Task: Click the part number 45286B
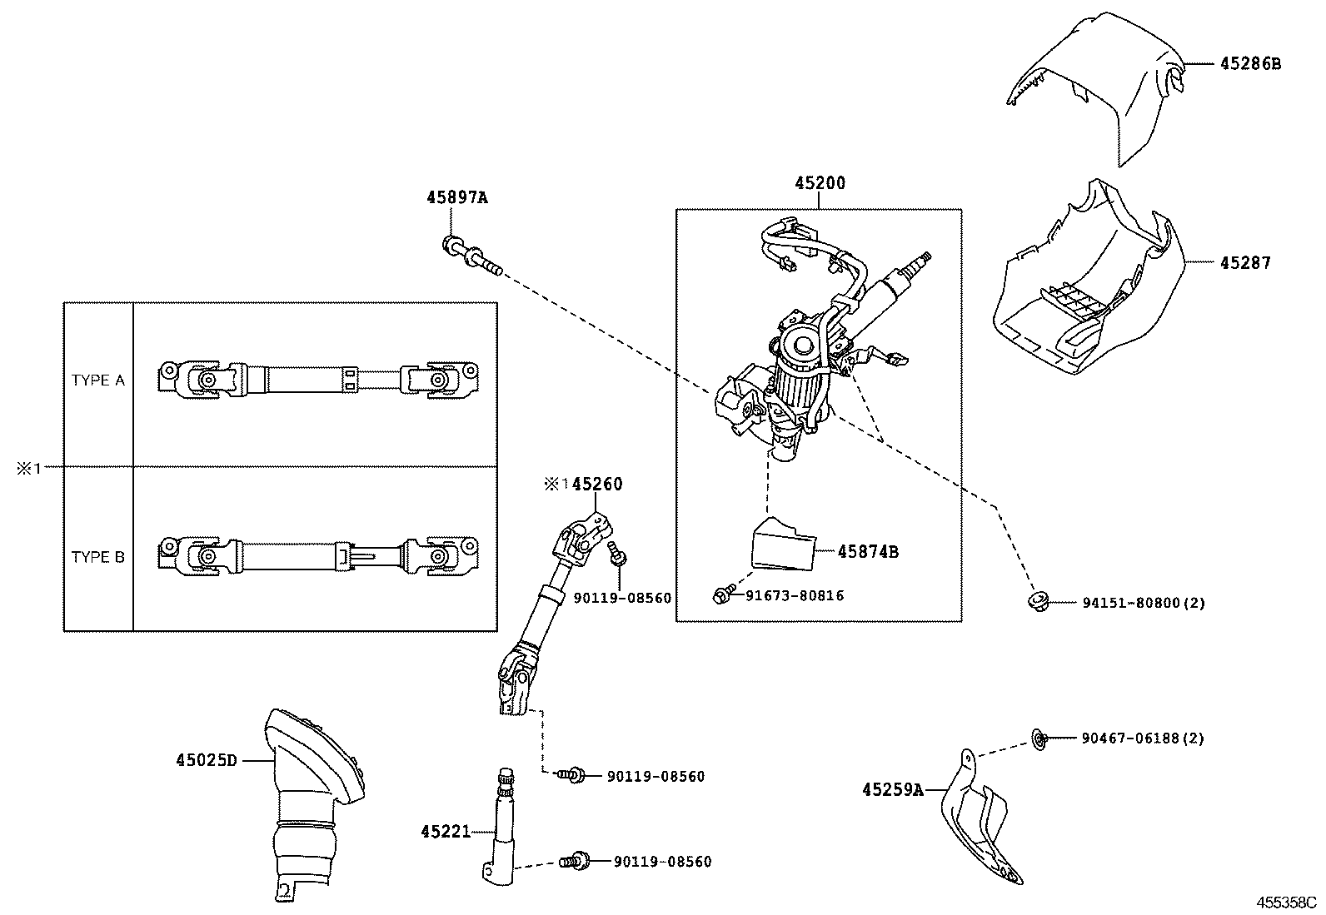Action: (x=1250, y=63)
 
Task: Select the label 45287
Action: (x=1245, y=263)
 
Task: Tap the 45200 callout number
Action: (x=819, y=183)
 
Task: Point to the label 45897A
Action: (x=456, y=198)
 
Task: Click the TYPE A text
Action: (x=98, y=380)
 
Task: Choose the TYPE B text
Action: (x=98, y=557)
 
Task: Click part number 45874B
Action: (x=867, y=551)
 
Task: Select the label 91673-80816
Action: (x=794, y=595)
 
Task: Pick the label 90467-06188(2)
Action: (x=1143, y=738)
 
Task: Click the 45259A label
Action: (x=893, y=789)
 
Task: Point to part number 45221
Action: (x=446, y=831)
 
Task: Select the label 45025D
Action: (x=207, y=760)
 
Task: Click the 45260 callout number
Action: (x=597, y=485)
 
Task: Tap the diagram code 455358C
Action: (x=1286, y=902)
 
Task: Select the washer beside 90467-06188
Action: (x=1038, y=738)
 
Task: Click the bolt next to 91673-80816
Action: (x=723, y=595)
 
